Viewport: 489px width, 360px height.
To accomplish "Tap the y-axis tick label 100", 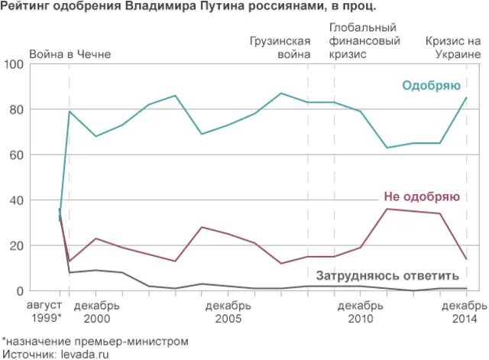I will click(14, 64).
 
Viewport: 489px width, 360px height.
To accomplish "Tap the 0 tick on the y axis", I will click(21, 290).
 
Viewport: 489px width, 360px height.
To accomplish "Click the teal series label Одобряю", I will click(429, 85).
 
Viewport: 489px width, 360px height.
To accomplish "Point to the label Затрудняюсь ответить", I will click(387, 276).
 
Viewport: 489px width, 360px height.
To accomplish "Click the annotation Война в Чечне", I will click(70, 54).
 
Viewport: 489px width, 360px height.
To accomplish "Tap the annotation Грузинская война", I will click(280, 47).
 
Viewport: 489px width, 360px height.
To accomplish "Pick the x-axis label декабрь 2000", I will click(96, 311).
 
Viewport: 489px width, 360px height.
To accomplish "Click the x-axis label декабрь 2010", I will click(360, 311).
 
